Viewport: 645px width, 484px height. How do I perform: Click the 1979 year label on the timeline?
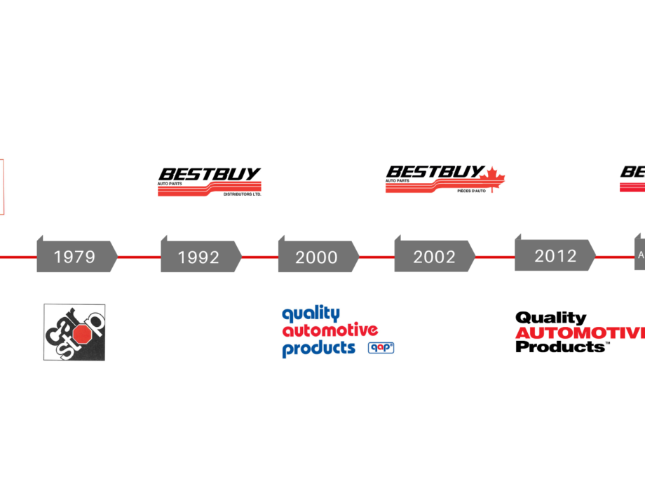point(74,257)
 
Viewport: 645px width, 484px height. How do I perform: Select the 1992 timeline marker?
point(198,257)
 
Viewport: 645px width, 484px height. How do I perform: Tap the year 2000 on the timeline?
point(316,257)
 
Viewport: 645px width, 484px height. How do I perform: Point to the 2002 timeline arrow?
point(434,257)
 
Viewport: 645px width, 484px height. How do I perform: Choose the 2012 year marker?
point(555,255)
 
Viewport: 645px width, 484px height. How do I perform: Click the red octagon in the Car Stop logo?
point(82,333)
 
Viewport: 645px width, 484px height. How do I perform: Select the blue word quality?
point(311,314)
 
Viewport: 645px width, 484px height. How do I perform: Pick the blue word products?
point(318,348)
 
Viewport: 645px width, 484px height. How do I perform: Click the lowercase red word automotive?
point(330,330)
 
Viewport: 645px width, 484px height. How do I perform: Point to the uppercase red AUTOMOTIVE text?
point(579,333)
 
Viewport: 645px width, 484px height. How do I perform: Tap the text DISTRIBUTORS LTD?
point(241,194)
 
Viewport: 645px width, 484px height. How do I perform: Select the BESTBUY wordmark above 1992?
point(210,173)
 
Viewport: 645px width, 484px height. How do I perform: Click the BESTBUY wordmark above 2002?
point(435,171)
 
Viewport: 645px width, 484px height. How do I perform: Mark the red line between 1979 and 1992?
point(138,257)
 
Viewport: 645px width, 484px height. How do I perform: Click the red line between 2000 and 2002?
point(376,257)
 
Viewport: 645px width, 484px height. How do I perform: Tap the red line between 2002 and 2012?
point(494,257)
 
